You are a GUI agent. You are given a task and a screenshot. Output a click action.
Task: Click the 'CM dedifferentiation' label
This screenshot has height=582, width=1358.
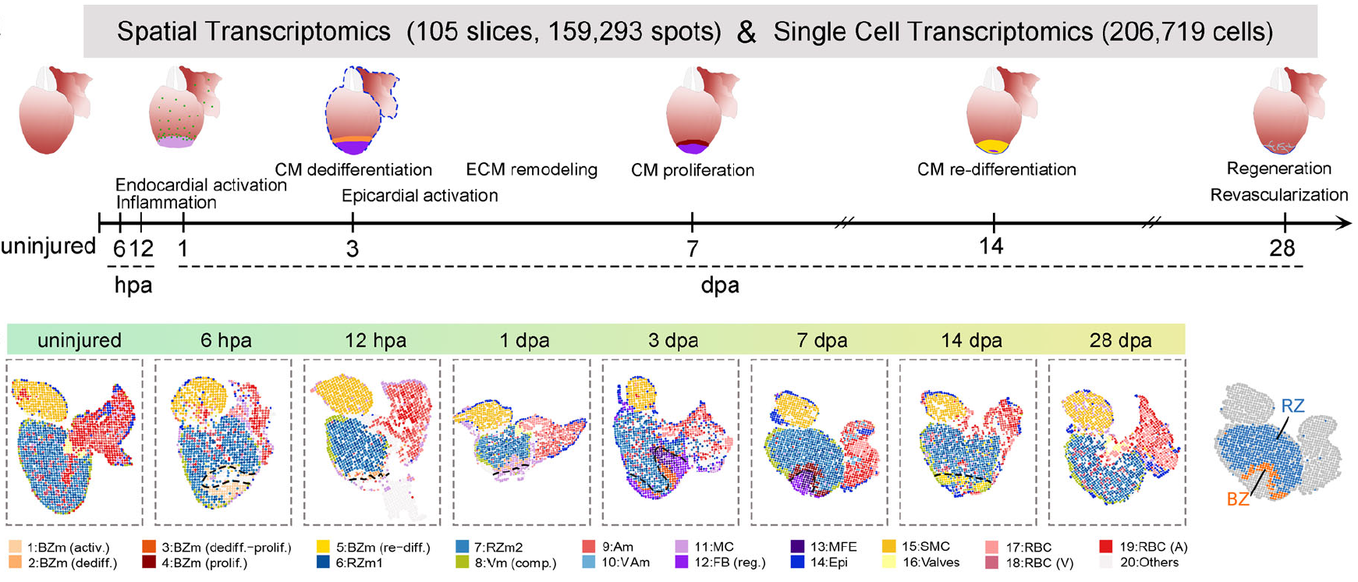353,170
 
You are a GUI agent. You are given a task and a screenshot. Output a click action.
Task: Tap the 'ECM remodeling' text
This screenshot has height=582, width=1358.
531,169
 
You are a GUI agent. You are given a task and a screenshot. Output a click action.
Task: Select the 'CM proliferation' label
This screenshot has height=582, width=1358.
693,170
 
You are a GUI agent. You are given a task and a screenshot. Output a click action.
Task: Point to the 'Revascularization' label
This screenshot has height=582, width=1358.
1278,195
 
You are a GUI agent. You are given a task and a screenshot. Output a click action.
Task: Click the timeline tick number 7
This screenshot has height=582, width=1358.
693,249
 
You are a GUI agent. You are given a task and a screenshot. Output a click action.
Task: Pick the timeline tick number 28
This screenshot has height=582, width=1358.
1282,249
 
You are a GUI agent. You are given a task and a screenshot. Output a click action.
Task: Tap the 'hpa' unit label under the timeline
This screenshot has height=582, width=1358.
133,285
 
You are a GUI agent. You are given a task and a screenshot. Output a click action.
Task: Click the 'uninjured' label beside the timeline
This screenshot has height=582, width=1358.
48,247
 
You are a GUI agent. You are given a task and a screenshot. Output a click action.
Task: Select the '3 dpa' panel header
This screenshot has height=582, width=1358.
673,340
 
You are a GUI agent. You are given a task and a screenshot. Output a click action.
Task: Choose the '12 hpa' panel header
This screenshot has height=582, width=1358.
375,340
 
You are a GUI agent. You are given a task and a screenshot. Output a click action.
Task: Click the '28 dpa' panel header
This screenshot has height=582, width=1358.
1120,340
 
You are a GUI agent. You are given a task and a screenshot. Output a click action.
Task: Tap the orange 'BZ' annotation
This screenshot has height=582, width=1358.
1238,499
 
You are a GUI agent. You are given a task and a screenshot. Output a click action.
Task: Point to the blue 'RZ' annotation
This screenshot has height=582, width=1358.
1292,406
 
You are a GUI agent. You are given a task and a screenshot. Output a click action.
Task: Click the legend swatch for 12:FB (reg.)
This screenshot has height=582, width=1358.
681,562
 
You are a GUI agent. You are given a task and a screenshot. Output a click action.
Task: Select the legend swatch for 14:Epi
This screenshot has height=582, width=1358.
797,562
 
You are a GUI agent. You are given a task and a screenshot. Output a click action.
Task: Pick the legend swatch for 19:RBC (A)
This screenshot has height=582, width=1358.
1105,547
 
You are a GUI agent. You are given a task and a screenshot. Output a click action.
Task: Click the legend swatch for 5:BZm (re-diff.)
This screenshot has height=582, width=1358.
322,547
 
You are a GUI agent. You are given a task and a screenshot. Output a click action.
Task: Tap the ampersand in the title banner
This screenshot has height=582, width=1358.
746,32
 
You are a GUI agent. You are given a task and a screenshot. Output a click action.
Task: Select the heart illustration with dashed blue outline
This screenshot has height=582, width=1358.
360,109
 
